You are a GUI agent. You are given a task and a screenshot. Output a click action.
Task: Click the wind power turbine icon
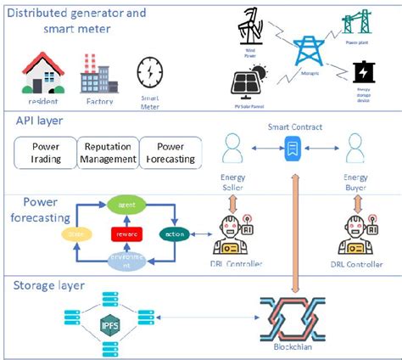(253, 27)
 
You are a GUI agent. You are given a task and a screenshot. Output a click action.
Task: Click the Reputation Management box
(109, 152)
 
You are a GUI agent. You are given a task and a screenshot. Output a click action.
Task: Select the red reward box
(126, 233)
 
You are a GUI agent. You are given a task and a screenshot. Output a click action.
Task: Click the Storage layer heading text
(47, 286)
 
